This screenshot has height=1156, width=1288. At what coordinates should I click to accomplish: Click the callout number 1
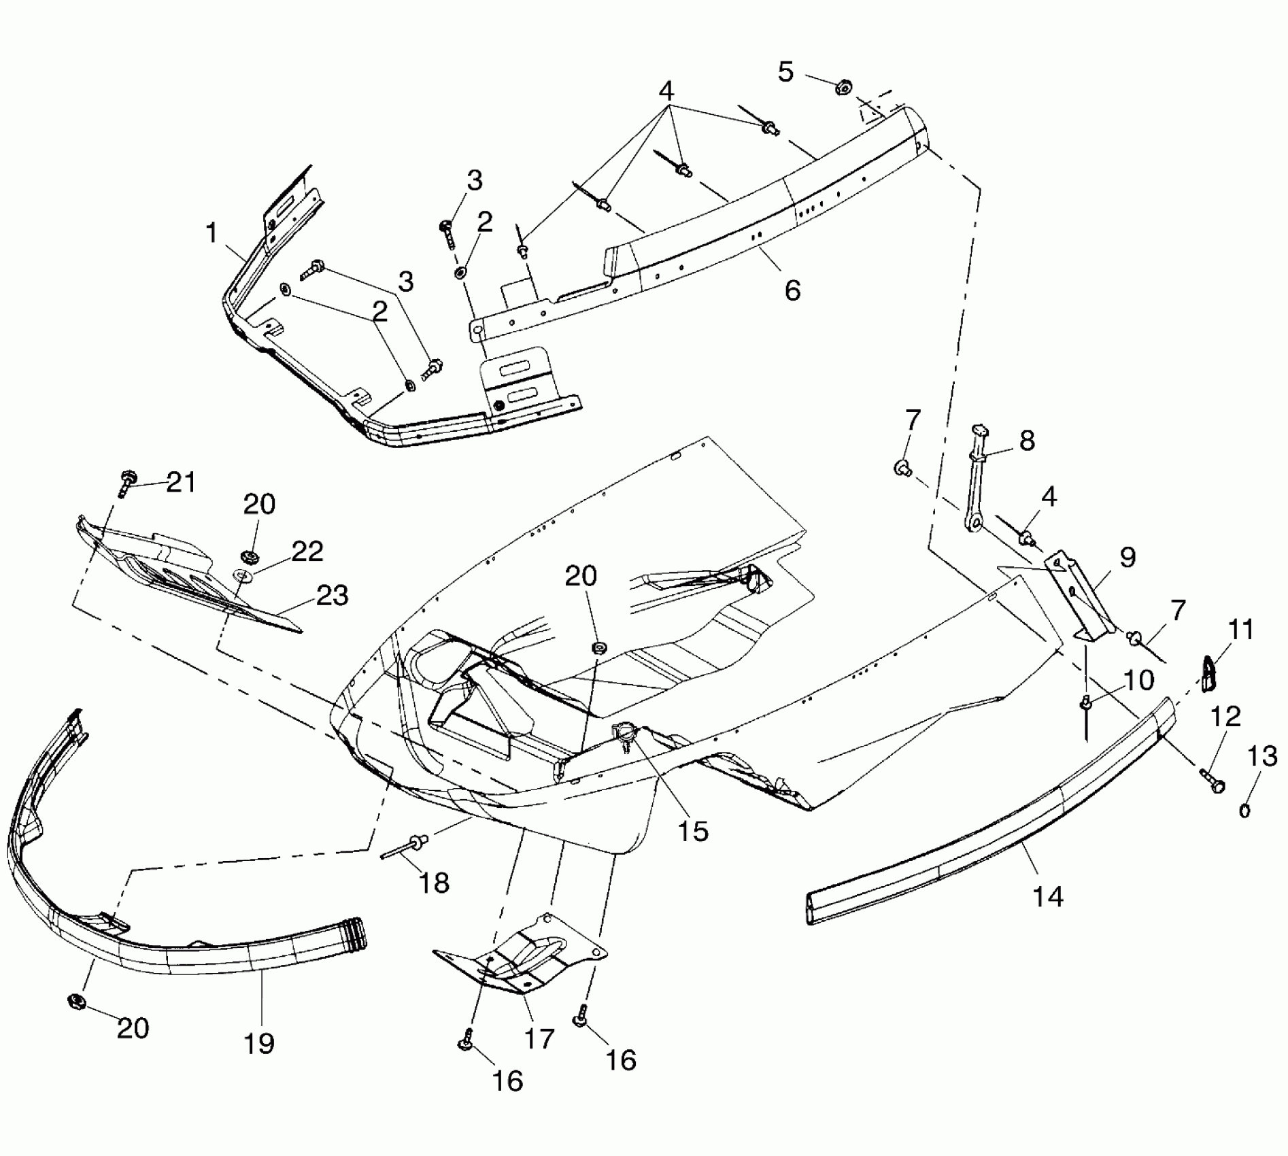[x=212, y=233]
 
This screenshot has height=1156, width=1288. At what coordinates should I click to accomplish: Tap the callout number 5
[x=785, y=71]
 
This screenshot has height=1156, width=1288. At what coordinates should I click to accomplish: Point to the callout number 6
[x=792, y=290]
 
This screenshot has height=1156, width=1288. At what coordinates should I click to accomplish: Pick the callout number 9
[x=1128, y=558]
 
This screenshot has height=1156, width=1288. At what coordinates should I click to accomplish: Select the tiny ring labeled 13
[x=1245, y=810]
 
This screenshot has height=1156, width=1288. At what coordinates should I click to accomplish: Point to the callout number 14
[x=1047, y=896]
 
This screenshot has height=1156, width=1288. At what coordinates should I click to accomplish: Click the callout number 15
[x=694, y=831]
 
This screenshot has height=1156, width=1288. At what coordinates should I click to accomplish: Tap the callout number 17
[x=539, y=1038]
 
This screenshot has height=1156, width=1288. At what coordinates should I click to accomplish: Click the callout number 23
[x=333, y=596]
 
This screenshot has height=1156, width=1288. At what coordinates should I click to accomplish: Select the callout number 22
[x=307, y=551]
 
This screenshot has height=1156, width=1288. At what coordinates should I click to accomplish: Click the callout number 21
[x=181, y=483]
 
